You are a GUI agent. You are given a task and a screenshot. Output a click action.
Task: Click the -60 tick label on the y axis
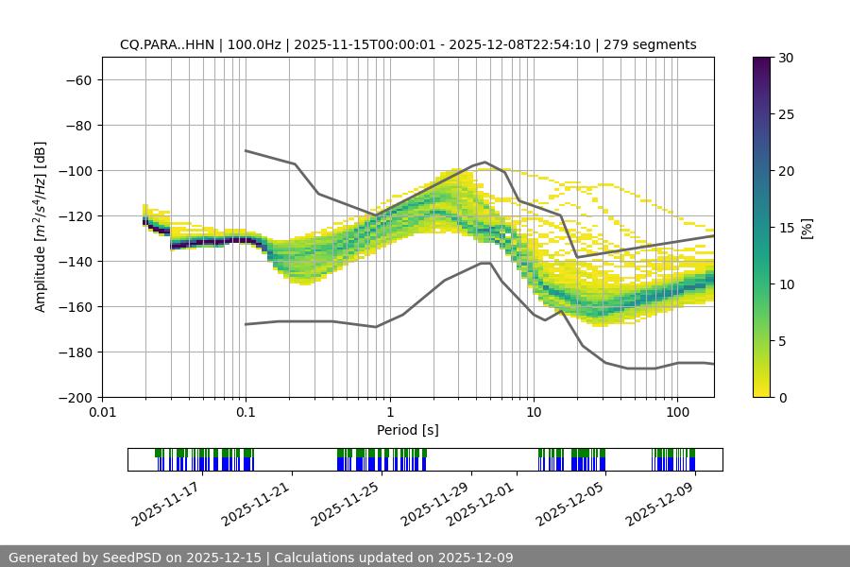click(77, 79)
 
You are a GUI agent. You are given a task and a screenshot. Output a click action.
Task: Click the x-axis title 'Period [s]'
click(407, 430)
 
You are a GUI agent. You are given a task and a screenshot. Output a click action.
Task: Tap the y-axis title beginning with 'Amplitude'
click(40, 227)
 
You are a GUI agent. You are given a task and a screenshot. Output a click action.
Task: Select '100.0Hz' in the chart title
click(254, 44)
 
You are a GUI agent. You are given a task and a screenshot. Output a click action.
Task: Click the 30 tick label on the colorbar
click(785, 58)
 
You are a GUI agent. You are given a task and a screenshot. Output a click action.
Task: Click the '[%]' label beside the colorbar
click(807, 228)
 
